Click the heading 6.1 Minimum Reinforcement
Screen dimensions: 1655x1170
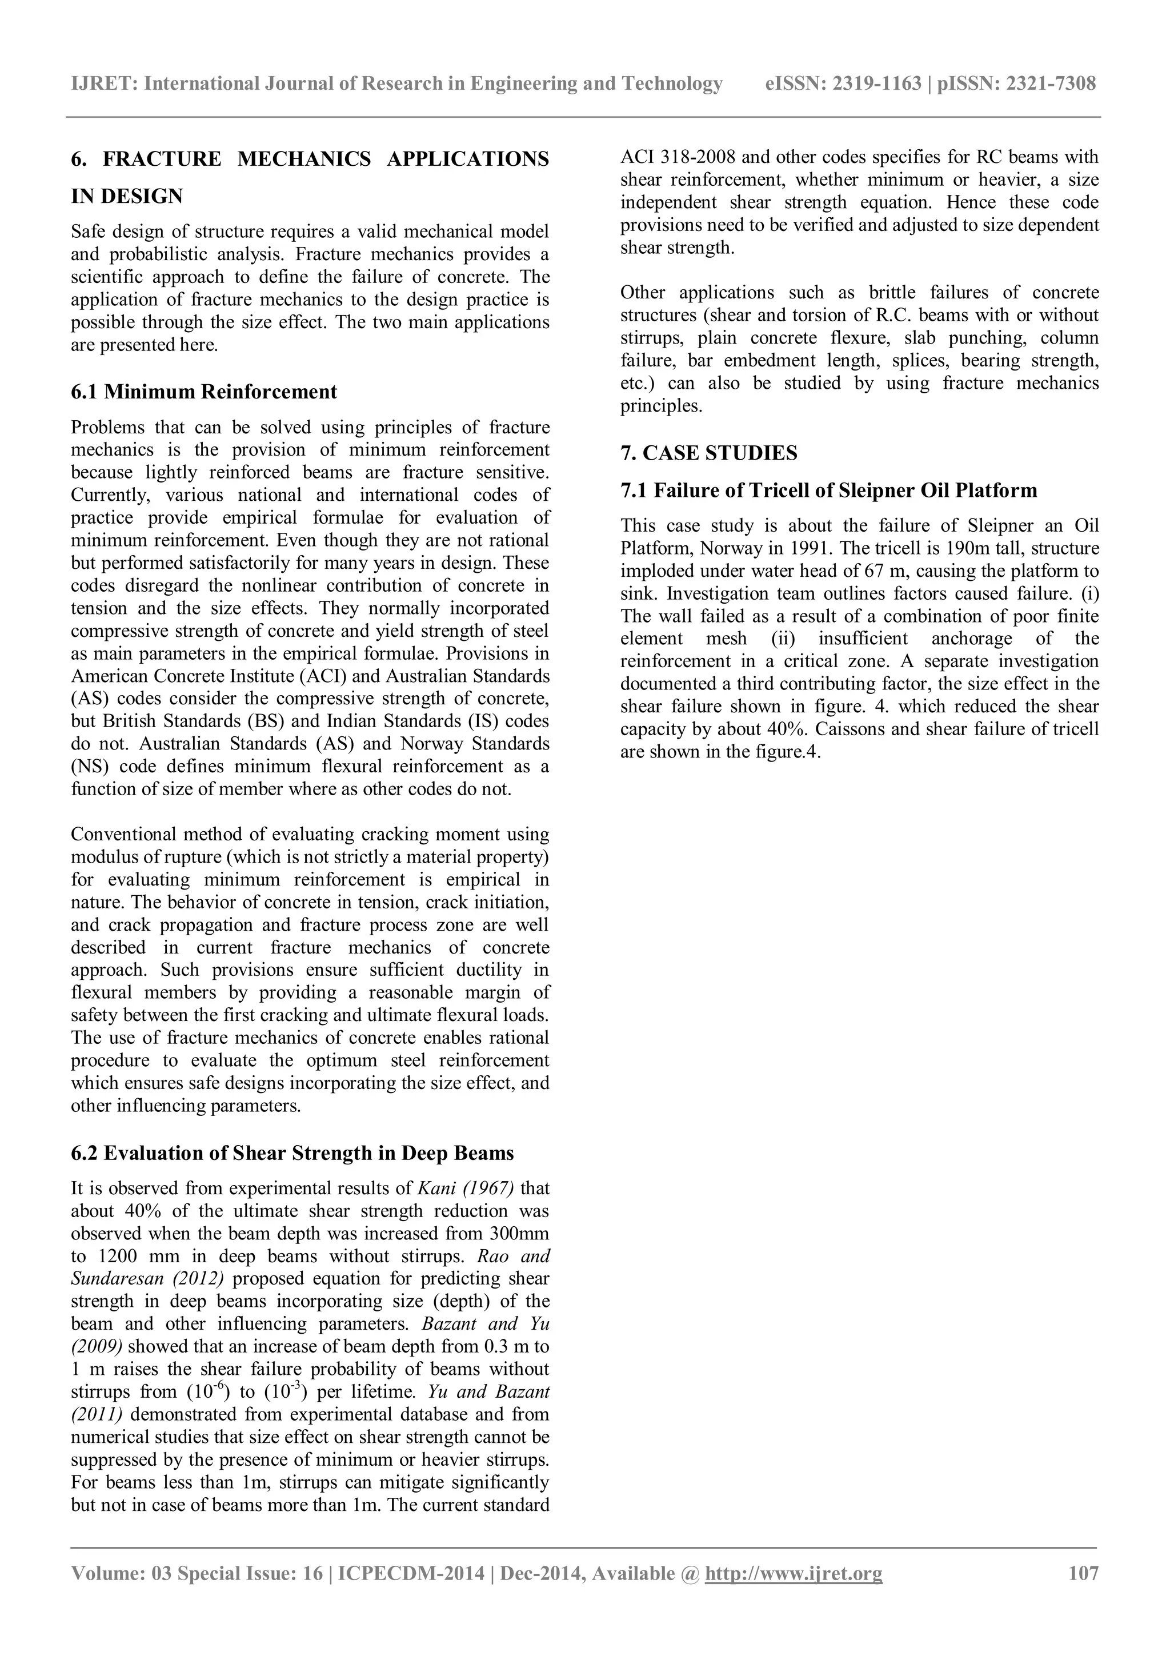click(204, 392)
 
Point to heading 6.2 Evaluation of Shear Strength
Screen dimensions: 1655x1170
click(292, 1153)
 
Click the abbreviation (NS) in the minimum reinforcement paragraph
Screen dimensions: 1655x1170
click(88, 766)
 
